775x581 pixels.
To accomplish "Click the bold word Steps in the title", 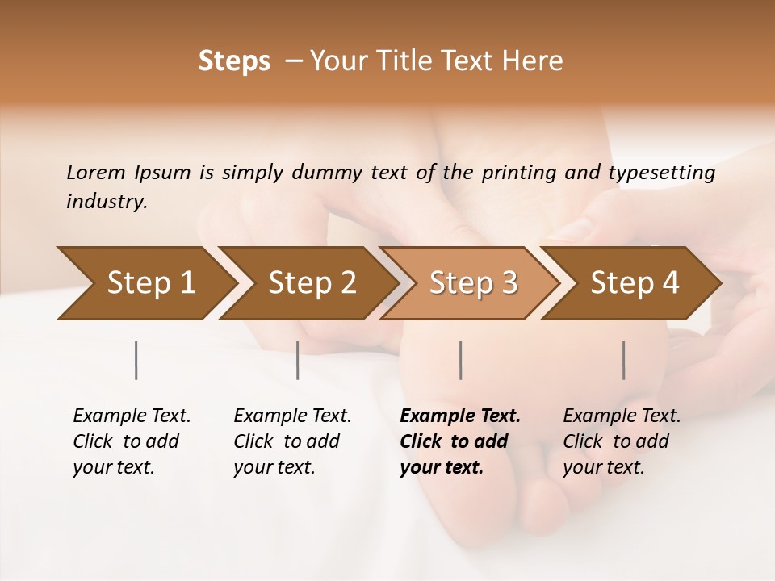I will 234,61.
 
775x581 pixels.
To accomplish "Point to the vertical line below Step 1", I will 136,360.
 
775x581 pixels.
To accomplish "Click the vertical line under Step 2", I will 298,360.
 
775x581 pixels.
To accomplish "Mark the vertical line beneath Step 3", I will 460,360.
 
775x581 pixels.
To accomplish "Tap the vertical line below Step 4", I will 624,360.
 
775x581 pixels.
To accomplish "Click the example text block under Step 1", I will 132,441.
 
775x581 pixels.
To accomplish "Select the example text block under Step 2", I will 292,441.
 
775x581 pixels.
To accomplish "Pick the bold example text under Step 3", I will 460,441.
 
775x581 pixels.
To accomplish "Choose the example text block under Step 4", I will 622,441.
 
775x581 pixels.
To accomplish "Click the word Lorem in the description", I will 96,173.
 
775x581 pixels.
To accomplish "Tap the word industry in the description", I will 106,202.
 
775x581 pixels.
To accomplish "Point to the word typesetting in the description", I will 661,173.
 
